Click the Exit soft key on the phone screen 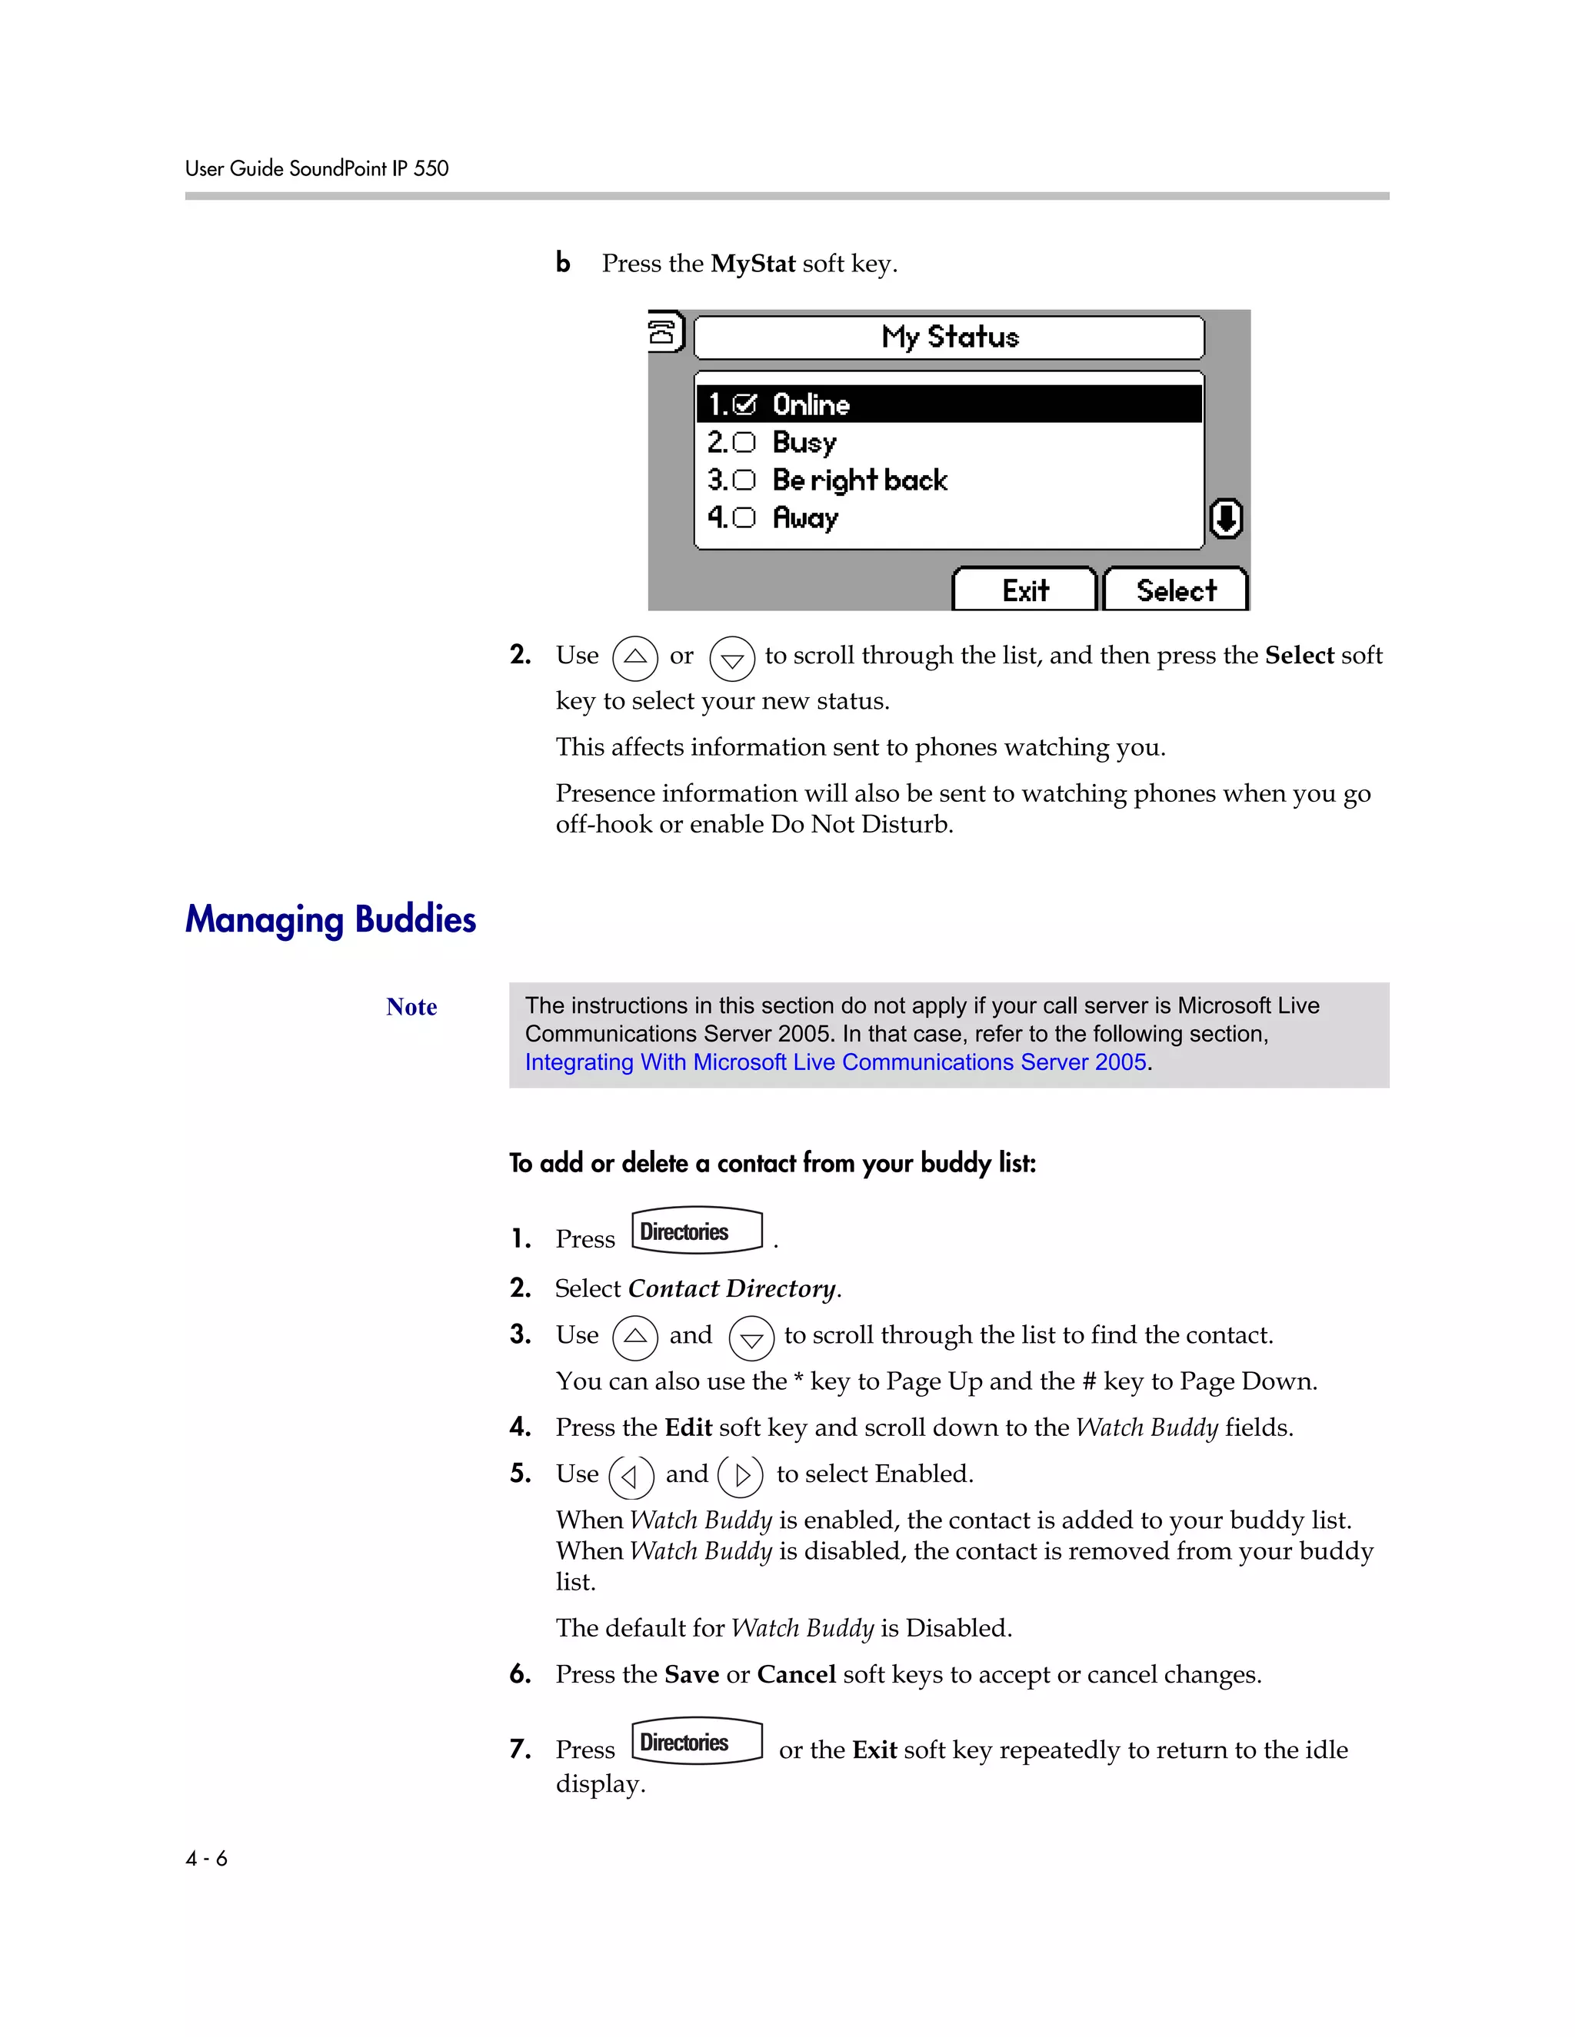(x=1024, y=590)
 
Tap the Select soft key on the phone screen (x=1176, y=590)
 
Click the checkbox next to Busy (x=744, y=442)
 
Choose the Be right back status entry (x=859, y=480)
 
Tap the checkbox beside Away (x=744, y=517)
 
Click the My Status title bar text (x=950, y=337)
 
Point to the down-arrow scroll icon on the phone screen (x=1225, y=519)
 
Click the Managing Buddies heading (x=330, y=919)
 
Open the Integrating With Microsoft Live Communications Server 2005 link (x=835, y=1062)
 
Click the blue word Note (x=411, y=1007)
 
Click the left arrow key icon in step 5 (x=631, y=1476)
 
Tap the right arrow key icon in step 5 (x=741, y=1476)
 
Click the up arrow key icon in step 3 (x=634, y=1338)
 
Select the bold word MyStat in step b (x=752, y=264)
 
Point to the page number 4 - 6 (x=206, y=1859)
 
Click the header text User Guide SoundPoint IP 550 (x=316, y=169)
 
